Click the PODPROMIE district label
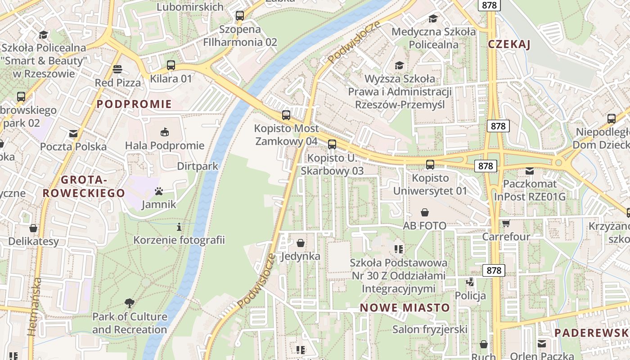[x=134, y=104]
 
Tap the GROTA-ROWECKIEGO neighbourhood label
[x=83, y=187]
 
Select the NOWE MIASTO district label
[x=405, y=308]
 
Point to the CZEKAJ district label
[x=509, y=44]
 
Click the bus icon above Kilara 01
[x=171, y=65]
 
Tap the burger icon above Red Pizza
[x=117, y=69]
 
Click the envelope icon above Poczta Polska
[x=73, y=134]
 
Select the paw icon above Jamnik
[x=158, y=191]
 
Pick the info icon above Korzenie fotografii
[x=179, y=227]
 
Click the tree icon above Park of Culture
[x=130, y=303]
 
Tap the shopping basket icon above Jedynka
[x=301, y=243]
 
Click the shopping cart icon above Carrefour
[x=506, y=223]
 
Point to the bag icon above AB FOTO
[x=424, y=212]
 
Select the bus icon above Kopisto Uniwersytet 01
[x=430, y=165]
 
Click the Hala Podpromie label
[x=165, y=146]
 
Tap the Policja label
[x=470, y=296]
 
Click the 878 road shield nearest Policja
[x=494, y=270]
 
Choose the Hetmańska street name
[x=35, y=307]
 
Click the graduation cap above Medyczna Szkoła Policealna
[x=433, y=18]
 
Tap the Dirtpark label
[x=197, y=166]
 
